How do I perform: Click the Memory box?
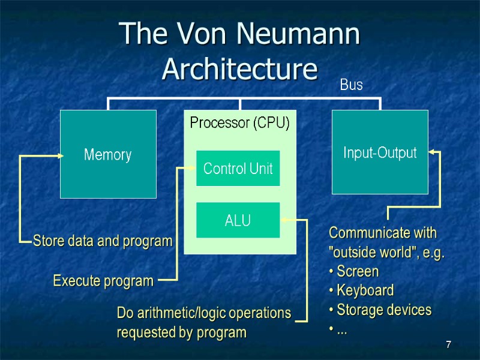(x=108, y=154)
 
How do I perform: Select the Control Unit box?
(x=238, y=169)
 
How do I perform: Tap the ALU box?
(x=238, y=220)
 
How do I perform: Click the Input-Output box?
(x=380, y=152)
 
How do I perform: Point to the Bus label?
(x=351, y=85)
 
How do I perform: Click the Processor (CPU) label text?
(x=239, y=123)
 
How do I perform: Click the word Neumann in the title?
(x=299, y=34)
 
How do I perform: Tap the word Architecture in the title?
(x=239, y=69)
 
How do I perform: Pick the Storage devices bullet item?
(x=383, y=310)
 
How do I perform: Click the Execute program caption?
(x=103, y=280)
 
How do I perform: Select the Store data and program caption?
(x=102, y=241)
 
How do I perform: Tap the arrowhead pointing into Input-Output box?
(x=432, y=152)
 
